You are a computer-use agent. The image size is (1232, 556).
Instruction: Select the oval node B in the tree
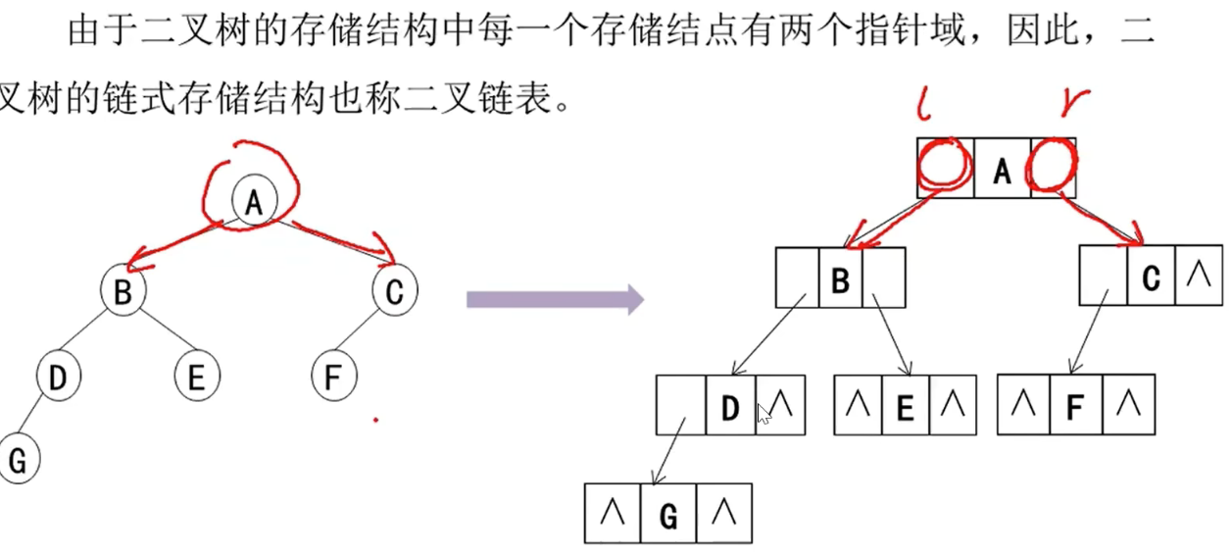123,291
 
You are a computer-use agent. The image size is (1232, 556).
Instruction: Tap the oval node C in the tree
395,290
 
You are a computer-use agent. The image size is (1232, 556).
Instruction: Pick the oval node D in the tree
58,377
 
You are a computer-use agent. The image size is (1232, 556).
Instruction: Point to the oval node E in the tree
197,378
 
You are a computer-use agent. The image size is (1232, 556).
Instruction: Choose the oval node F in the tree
335,378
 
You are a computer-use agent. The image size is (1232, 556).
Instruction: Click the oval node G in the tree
17,460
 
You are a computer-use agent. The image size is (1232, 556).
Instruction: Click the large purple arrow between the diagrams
555,299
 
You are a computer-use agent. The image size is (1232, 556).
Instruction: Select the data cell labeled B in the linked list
840,278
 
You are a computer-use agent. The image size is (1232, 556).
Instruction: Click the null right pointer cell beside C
1197,276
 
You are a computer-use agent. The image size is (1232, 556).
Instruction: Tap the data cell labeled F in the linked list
1074,405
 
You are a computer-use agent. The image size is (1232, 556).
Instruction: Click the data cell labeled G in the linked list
668,513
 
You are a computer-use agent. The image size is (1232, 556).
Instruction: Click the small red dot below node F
375,422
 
